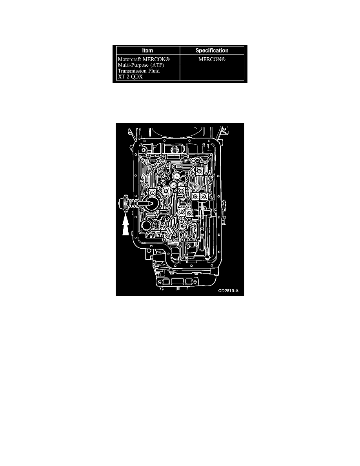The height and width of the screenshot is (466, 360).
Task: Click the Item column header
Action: [147, 51]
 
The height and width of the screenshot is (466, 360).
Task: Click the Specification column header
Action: [212, 51]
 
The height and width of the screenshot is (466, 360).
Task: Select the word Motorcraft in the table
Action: [129, 59]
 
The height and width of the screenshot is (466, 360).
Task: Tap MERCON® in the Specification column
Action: [212, 59]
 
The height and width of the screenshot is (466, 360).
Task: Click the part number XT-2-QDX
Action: [130, 76]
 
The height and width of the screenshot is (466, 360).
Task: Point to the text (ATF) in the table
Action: [157, 65]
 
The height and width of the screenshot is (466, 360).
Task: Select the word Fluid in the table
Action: [154, 71]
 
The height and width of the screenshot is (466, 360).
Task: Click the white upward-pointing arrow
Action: [125, 225]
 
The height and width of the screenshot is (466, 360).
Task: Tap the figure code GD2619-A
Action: [228, 291]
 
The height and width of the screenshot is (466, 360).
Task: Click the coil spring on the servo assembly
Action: [131, 204]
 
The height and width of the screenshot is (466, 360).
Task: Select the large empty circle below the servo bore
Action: [147, 225]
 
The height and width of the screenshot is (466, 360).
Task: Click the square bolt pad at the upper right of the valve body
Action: [199, 170]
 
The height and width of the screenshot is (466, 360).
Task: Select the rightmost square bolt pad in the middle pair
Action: [204, 196]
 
